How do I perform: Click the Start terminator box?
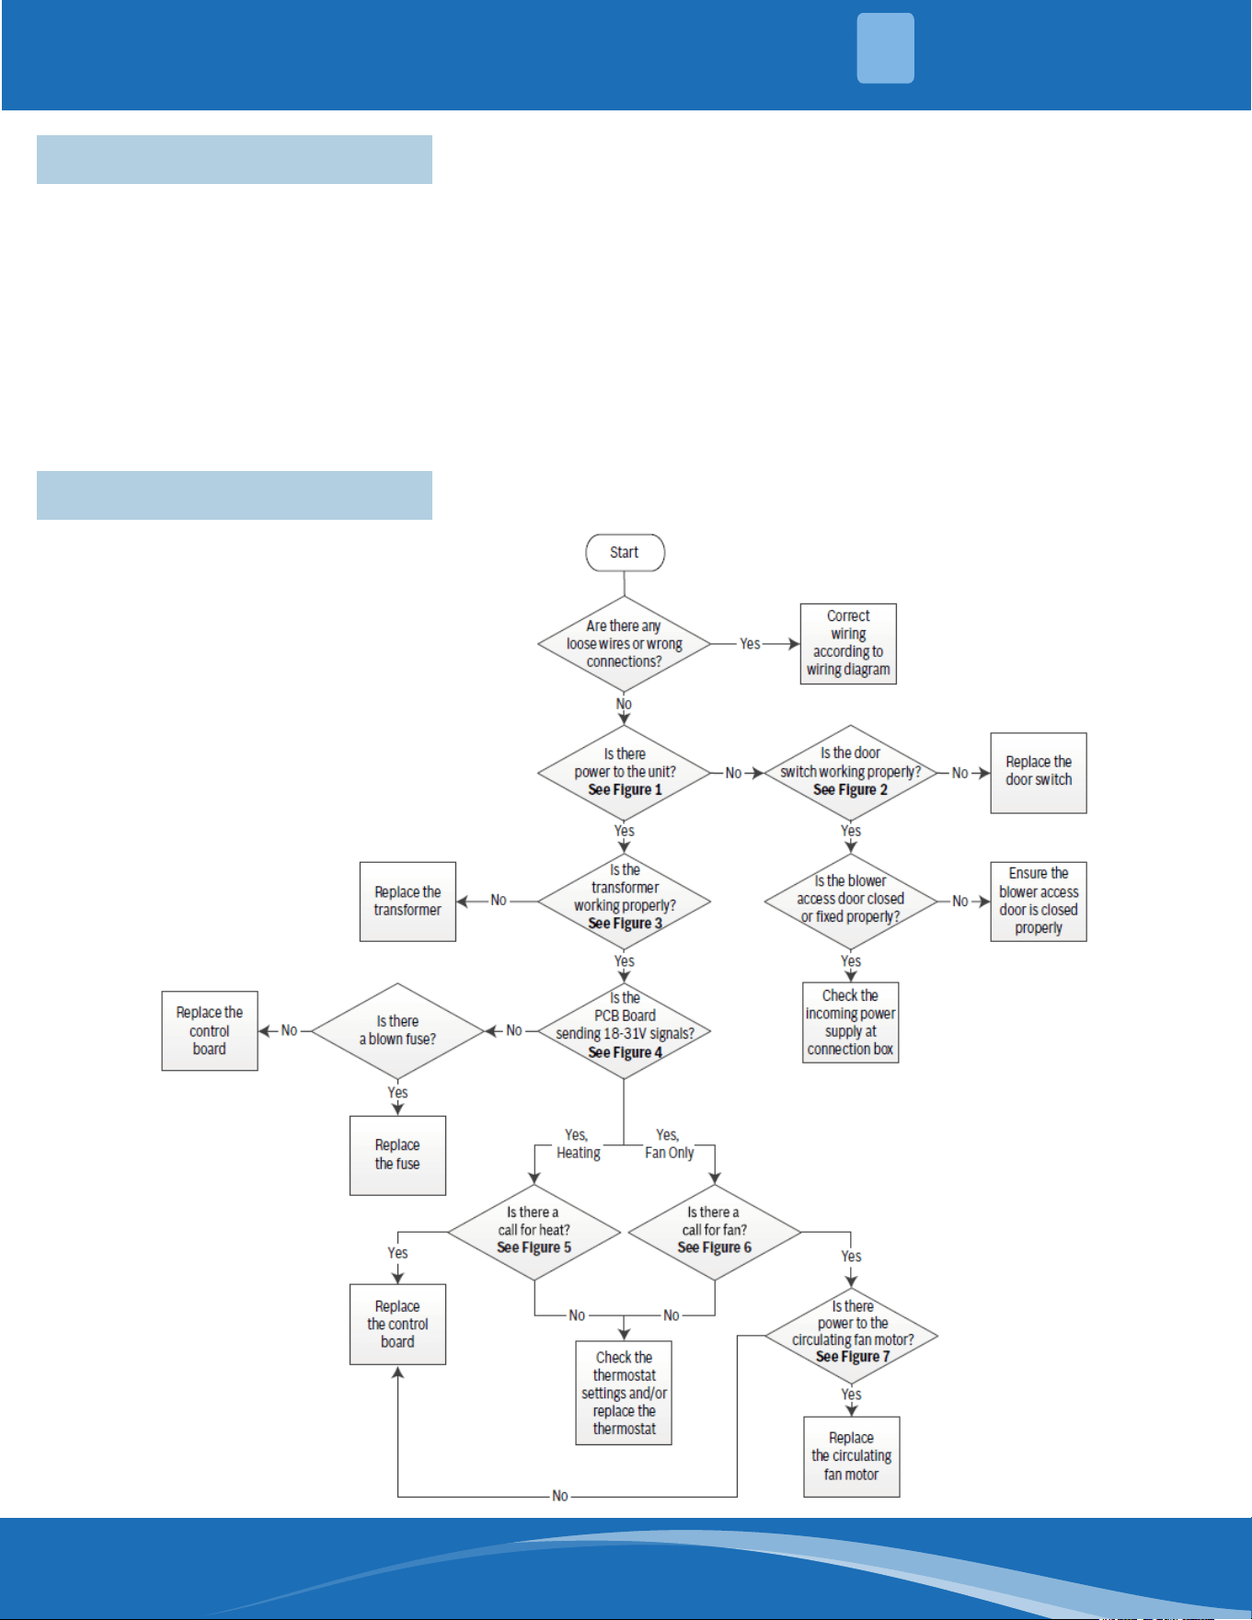tap(625, 552)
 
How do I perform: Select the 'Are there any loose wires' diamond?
tap(625, 644)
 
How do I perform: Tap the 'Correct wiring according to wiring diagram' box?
tap(848, 643)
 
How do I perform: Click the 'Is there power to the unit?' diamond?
tap(625, 773)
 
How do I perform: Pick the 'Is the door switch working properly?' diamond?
tap(851, 773)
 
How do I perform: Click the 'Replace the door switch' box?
tap(1039, 773)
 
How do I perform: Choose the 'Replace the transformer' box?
tap(408, 902)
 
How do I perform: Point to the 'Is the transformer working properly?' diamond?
tap(625, 902)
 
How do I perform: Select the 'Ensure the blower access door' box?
tap(1039, 902)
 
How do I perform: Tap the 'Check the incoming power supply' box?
tap(851, 1023)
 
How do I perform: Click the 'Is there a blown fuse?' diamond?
tap(398, 1031)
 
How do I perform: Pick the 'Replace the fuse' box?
tap(397, 1155)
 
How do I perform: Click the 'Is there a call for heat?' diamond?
tap(534, 1232)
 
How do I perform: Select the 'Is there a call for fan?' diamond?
tap(715, 1232)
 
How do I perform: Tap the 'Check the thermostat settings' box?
tap(624, 1393)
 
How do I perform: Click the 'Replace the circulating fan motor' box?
tap(852, 1456)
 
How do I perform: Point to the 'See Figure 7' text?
tap(853, 1357)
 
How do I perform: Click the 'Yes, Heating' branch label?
tap(578, 1143)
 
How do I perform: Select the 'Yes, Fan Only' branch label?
tap(669, 1143)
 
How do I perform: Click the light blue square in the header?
tap(886, 48)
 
